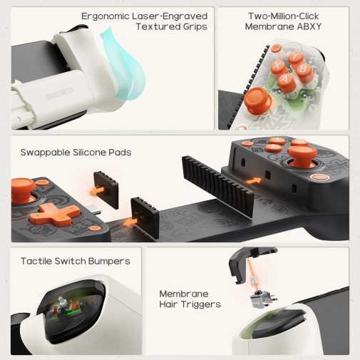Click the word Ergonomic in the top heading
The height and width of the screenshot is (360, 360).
tap(106, 16)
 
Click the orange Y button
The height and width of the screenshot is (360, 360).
tap(296, 57)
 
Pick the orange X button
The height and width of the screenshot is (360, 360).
tap(278, 66)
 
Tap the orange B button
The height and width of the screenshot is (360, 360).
tap(304, 70)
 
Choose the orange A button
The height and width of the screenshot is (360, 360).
tap(286, 80)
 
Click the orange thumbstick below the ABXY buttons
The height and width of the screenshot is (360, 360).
tap(257, 100)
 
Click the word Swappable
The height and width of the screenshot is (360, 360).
tap(45, 153)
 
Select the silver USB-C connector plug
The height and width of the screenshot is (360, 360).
tap(93, 210)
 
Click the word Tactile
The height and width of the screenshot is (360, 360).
tap(36, 261)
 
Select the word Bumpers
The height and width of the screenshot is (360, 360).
tap(109, 262)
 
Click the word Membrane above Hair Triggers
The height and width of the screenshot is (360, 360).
tap(184, 294)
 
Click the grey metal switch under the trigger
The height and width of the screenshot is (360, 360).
tap(263, 299)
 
